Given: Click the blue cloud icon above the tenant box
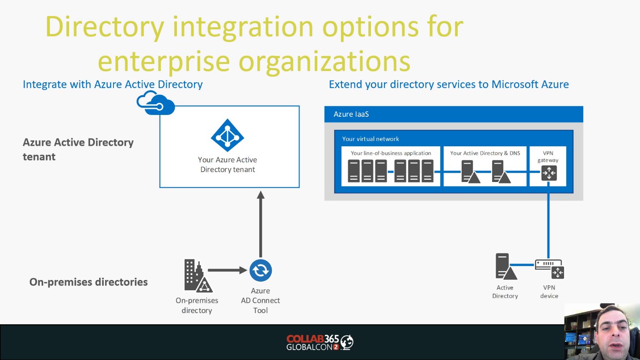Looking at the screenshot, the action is (x=156, y=103).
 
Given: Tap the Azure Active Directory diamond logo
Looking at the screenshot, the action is (x=227, y=135).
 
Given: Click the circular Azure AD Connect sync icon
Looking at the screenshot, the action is (x=261, y=270).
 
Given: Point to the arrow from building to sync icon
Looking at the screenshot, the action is (x=227, y=270).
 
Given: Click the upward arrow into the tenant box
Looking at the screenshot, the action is (x=261, y=224).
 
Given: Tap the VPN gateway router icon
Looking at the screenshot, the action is (x=549, y=173).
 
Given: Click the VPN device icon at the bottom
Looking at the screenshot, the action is (x=549, y=269).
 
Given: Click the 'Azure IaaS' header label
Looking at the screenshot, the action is (x=351, y=114).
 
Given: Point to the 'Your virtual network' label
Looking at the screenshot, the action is (x=371, y=139).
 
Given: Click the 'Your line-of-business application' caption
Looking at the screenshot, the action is (x=391, y=153).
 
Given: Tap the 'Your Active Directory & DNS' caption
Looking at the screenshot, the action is (x=485, y=153).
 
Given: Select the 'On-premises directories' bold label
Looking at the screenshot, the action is (x=88, y=282).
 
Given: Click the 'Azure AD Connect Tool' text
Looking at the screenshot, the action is (x=260, y=301).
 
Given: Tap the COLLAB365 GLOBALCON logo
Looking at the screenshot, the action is (x=320, y=342).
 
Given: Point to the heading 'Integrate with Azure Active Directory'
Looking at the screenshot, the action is (x=113, y=85).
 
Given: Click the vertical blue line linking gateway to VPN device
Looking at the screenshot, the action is (x=548, y=220).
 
